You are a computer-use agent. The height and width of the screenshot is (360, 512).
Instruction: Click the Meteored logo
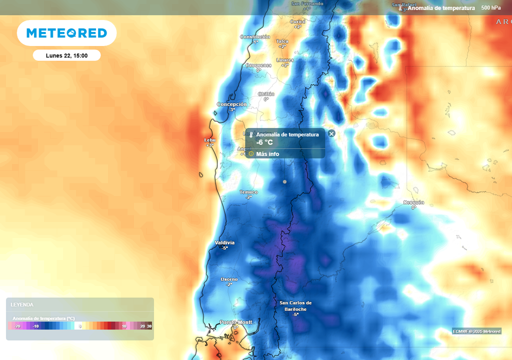66,33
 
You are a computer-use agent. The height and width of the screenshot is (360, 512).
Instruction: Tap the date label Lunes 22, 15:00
66,55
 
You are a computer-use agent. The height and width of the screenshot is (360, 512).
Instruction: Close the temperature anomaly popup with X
331,133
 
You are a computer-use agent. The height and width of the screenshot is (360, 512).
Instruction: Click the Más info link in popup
267,154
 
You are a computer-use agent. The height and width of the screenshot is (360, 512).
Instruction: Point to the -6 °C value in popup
264,142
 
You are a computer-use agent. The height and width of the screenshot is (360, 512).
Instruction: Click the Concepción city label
231,104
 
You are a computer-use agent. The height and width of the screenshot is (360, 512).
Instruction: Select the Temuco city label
248,192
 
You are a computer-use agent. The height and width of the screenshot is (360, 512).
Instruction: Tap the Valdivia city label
224,242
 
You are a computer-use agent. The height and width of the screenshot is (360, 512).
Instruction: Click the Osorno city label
229,279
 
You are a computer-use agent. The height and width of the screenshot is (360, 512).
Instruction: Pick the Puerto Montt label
236,322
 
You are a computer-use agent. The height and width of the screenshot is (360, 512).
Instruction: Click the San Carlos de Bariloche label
295,305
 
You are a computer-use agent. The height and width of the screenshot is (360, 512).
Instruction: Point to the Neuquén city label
413,202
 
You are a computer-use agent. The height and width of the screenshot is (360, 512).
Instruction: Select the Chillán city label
266,94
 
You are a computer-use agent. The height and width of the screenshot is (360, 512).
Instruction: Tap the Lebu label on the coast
209,140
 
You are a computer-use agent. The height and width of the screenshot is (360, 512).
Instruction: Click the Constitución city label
255,37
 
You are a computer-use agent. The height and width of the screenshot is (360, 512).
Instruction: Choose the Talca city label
282,41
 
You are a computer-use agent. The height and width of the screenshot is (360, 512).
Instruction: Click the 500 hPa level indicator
490,8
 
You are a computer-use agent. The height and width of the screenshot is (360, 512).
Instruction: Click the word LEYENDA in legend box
22,304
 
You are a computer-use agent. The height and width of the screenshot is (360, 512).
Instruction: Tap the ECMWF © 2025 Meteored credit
476,331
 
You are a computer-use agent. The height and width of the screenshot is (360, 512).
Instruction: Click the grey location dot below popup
285,181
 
